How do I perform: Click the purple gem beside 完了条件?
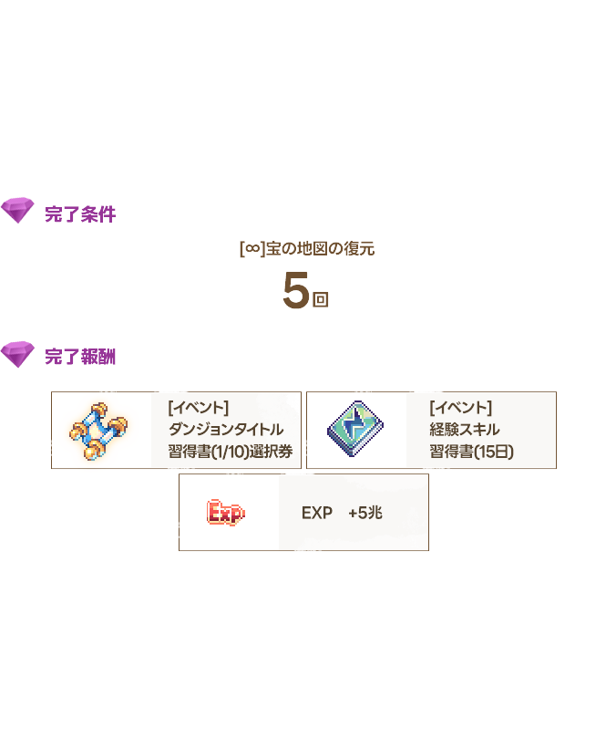(x=17, y=210)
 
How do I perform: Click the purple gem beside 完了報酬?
(x=17, y=354)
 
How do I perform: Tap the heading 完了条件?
(x=80, y=214)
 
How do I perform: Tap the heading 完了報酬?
(x=80, y=357)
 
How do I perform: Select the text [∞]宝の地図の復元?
(x=307, y=249)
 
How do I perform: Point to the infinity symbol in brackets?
(x=252, y=248)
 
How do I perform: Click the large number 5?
(x=296, y=290)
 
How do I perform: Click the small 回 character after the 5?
(x=320, y=299)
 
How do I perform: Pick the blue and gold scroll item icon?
(x=98, y=431)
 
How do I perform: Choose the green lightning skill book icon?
(x=355, y=429)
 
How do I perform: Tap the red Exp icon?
(x=226, y=513)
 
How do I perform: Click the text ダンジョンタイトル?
(x=226, y=430)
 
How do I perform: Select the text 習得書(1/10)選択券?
(x=230, y=452)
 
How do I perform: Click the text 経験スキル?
(x=464, y=430)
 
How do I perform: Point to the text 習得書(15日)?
(x=471, y=452)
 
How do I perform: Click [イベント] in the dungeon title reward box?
(x=199, y=408)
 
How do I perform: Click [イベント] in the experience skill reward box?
(x=460, y=408)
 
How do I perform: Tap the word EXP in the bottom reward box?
(x=317, y=513)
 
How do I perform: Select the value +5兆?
(x=365, y=513)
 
